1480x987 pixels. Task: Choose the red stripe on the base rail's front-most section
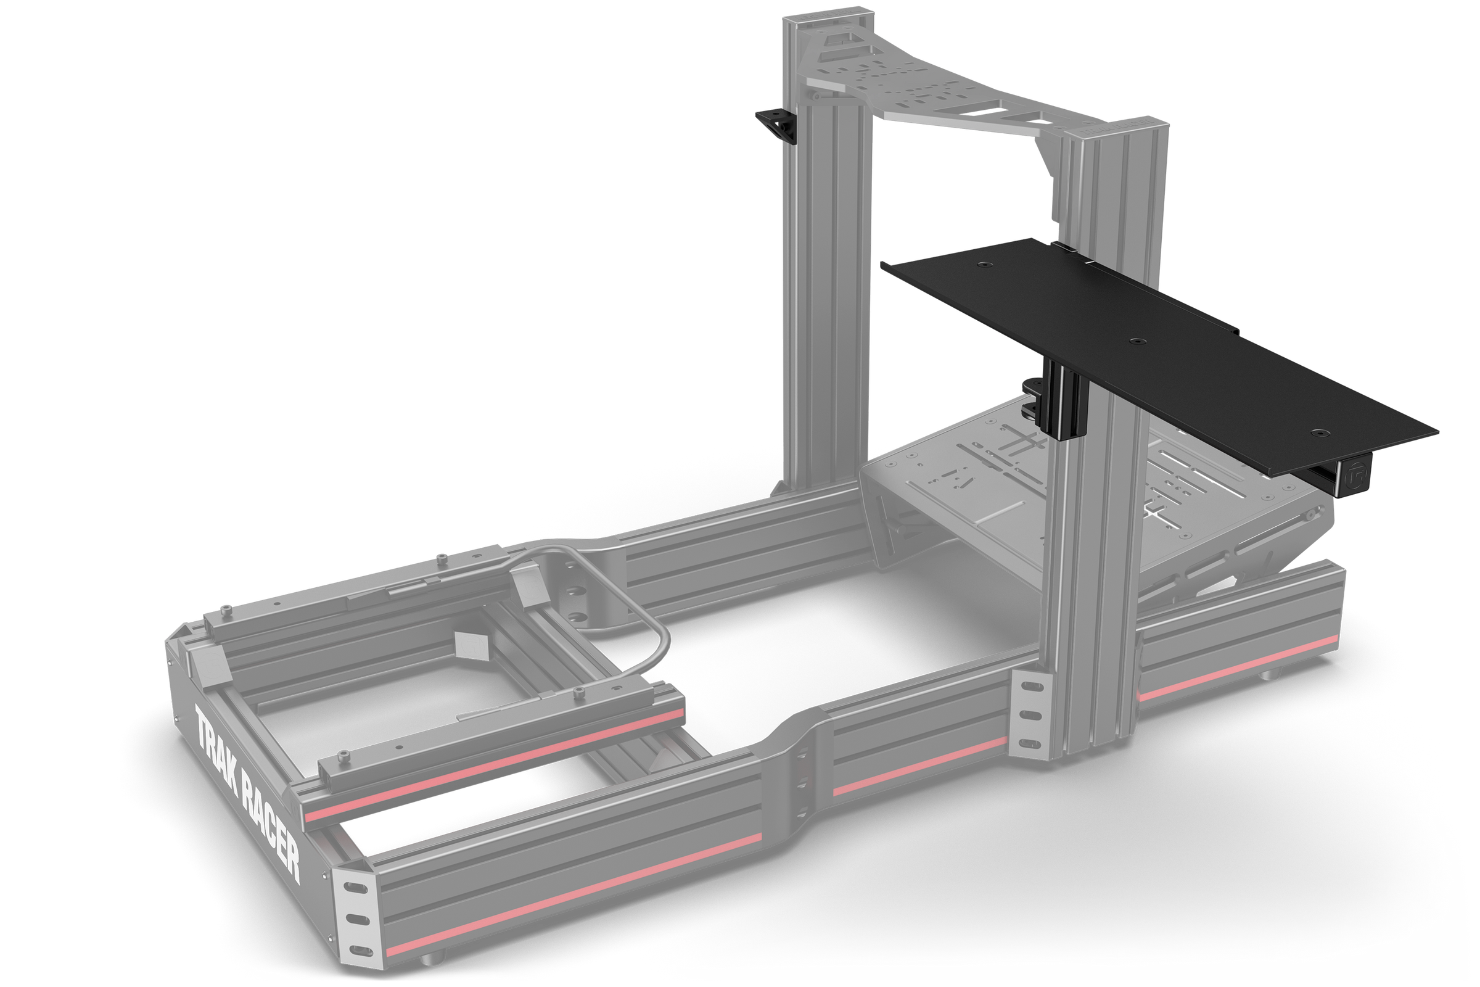[x=1233, y=667]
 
